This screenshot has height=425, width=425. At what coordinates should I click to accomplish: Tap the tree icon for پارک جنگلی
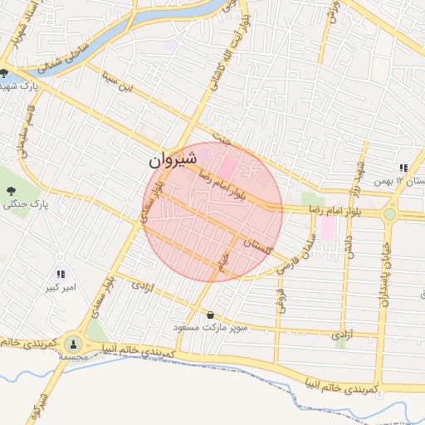click(x=11, y=191)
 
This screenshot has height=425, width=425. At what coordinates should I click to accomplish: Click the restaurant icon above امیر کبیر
click(x=60, y=273)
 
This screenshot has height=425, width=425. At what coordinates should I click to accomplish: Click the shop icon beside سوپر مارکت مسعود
click(x=210, y=315)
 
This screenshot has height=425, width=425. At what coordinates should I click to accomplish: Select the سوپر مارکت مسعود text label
click(x=211, y=328)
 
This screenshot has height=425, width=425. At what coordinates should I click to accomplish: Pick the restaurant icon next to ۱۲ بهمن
click(x=403, y=167)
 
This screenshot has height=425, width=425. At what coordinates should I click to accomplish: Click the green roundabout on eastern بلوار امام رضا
click(x=389, y=213)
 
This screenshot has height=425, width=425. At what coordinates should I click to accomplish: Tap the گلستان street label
click(x=261, y=245)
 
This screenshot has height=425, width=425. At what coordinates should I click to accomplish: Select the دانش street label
click(x=348, y=264)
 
